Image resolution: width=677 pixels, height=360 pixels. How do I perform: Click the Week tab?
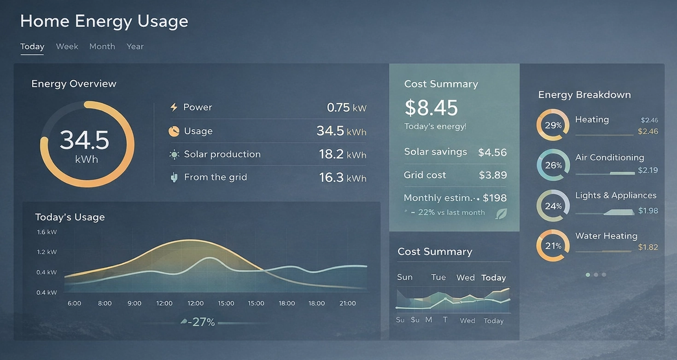click(x=67, y=46)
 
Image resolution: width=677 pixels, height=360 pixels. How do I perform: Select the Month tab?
click(x=102, y=46)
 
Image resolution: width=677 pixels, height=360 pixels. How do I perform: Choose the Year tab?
click(x=135, y=46)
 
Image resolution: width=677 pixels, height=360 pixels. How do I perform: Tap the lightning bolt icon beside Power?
click(x=174, y=107)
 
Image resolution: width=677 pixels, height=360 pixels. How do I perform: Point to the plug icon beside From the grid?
click(x=174, y=177)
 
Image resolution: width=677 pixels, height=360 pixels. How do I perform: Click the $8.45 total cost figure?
click(x=431, y=108)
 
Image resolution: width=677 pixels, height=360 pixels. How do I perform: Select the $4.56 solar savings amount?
click(x=492, y=152)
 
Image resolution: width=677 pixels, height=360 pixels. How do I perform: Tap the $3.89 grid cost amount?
click(x=492, y=175)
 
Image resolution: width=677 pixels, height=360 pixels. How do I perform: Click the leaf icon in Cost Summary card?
click(x=501, y=214)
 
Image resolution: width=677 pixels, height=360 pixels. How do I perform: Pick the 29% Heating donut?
click(x=553, y=125)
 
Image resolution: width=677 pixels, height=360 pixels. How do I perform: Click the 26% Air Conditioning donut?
click(x=553, y=165)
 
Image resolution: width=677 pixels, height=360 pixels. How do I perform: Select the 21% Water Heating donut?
click(x=553, y=246)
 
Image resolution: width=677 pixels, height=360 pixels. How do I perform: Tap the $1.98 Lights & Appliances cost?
click(x=648, y=211)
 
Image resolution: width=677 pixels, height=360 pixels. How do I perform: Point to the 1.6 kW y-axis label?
click(x=47, y=232)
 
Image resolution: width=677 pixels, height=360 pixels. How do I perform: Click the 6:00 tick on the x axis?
click(x=74, y=303)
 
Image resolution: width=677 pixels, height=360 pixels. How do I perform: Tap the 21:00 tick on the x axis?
click(x=347, y=303)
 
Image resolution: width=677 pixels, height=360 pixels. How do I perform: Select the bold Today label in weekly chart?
click(x=493, y=278)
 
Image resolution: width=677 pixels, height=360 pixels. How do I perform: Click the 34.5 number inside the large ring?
click(x=84, y=139)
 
